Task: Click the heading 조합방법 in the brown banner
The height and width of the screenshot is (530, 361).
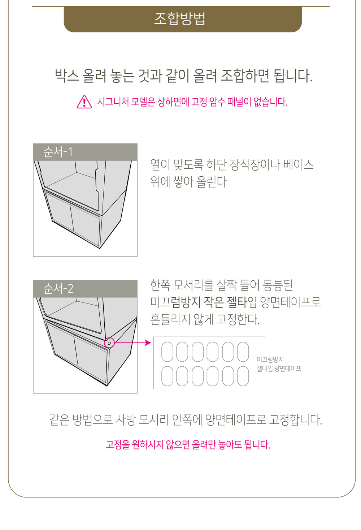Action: [x=180, y=19]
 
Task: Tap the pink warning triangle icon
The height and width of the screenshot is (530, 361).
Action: [x=84, y=102]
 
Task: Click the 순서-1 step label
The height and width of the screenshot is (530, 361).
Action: [x=58, y=152]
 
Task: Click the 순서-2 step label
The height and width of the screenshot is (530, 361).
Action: [x=58, y=289]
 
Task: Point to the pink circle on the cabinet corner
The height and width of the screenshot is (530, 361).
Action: [x=109, y=342]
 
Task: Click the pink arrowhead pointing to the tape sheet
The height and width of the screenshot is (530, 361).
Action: [x=148, y=342]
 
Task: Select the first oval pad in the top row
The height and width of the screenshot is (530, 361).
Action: [x=167, y=352]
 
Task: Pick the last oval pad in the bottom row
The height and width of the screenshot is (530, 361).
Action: [x=243, y=376]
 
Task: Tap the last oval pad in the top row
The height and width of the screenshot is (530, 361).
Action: [x=243, y=352]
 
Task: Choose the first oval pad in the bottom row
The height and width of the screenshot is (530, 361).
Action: [x=167, y=376]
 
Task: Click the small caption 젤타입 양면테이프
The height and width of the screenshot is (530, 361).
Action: [x=279, y=369]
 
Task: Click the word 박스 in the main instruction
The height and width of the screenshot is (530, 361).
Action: [x=66, y=76]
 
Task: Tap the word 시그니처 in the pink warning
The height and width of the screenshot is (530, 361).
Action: [x=113, y=102]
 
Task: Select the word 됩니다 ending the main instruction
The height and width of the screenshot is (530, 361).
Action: [x=293, y=76]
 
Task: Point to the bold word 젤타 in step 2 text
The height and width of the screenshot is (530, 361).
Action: [x=237, y=302]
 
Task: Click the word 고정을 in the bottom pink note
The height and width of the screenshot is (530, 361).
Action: [x=117, y=445]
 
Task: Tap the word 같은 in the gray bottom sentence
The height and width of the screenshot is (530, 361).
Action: [x=59, y=420]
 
